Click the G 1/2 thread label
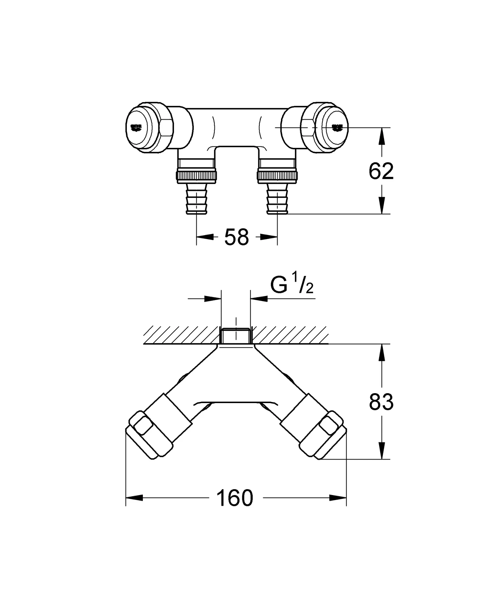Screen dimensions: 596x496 [x=291, y=285]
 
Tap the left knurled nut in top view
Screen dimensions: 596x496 [x=196, y=175]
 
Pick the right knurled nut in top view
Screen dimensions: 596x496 [x=277, y=175]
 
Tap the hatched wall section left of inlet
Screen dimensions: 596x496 [x=180, y=335]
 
